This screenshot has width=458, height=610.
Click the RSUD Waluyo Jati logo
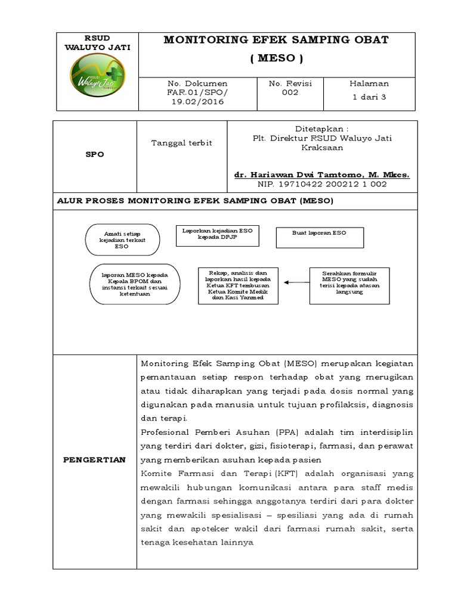pos(97,80)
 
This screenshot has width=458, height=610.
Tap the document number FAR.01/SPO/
pos(189,93)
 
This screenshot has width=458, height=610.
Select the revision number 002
pos(290,93)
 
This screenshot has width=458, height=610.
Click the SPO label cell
pos(95,154)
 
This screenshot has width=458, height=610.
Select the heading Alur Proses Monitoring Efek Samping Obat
pos(195,201)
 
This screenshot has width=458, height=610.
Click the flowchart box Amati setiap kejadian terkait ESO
pos(122,239)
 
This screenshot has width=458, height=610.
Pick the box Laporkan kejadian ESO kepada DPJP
pos(217,236)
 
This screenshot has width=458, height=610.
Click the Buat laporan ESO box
pos(318,236)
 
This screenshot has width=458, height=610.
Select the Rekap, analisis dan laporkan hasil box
pos(238,285)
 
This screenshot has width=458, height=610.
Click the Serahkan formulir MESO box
pos(349,284)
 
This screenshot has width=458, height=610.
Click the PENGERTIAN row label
pos(95,460)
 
